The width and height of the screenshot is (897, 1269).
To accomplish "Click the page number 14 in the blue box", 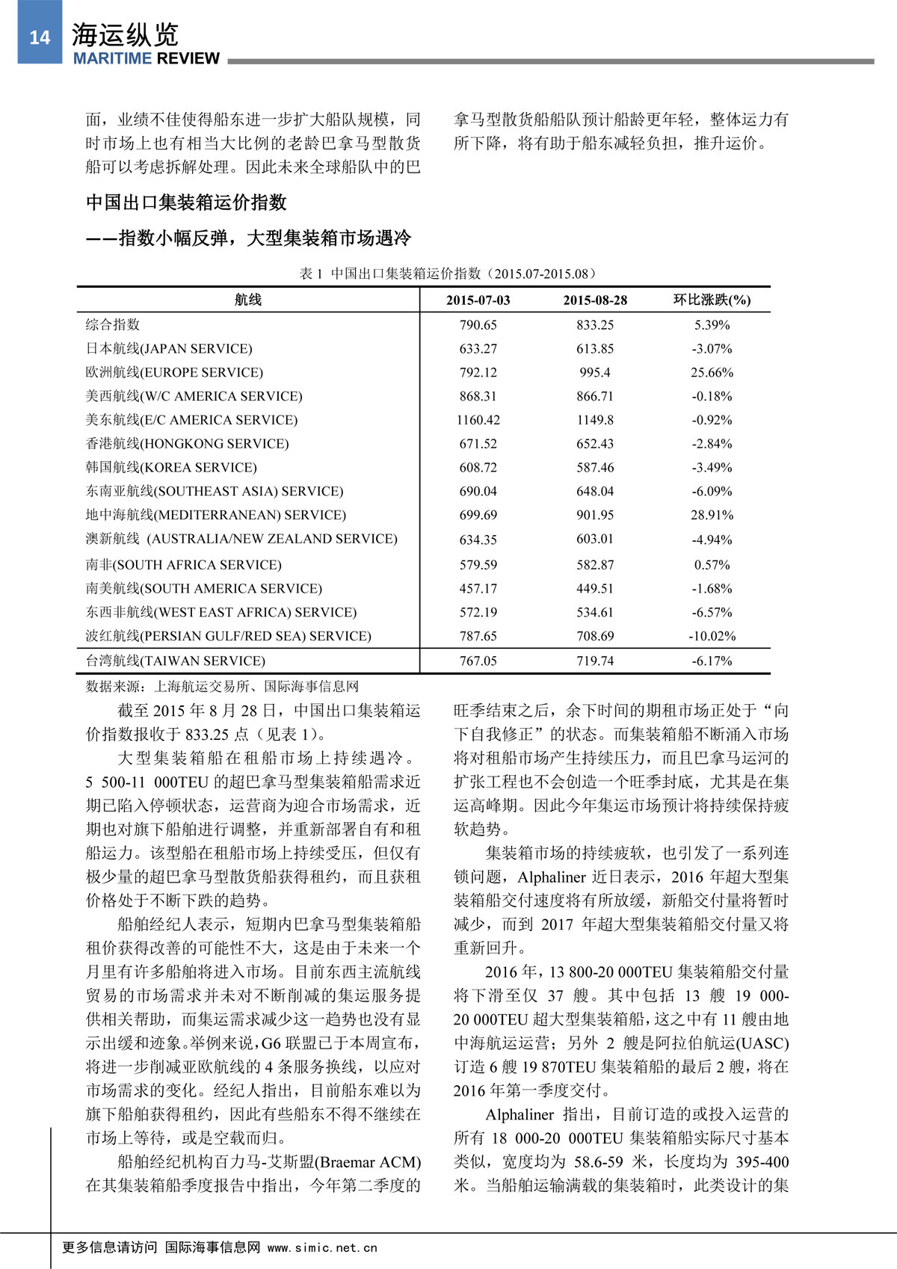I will (x=40, y=37).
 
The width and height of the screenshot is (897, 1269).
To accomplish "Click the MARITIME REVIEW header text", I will (x=147, y=59).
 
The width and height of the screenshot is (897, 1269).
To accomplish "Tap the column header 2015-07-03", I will (x=478, y=300).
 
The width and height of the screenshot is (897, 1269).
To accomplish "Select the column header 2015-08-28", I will (x=595, y=300).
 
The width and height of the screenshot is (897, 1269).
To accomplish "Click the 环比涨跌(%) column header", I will (x=712, y=300).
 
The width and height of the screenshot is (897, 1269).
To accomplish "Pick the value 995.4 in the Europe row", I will (x=595, y=372).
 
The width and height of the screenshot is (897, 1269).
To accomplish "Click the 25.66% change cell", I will (x=712, y=372).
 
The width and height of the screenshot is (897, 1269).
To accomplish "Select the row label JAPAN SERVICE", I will (x=169, y=348).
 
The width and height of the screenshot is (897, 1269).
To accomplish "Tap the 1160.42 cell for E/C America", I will (x=478, y=420).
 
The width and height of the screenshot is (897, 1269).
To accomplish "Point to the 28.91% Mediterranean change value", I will (x=712, y=515).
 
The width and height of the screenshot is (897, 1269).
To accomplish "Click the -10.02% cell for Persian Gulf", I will (x=712, y=636).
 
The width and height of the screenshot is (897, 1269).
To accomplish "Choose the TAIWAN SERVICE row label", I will (x=176, y=661).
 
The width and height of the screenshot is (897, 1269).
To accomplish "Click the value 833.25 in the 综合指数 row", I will (x=595, y=325).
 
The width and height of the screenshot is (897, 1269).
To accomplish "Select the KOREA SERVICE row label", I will (x=171, y=468).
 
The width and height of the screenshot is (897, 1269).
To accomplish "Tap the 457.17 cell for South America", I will (x=478, y=589).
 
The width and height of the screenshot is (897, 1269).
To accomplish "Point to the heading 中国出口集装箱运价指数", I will (x=186, y=203).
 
